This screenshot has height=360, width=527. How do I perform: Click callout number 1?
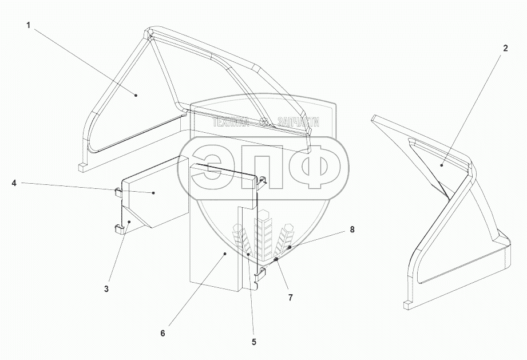coord(27,25)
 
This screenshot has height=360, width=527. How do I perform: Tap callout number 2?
coord(505,49)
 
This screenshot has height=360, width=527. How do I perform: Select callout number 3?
coord(106,288)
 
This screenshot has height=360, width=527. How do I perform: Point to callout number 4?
coord(14,183)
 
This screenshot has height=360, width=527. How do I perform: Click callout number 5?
coord(254,342)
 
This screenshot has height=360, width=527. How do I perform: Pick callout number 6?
coord(163,333)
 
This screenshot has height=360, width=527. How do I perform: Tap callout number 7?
coord(290,298)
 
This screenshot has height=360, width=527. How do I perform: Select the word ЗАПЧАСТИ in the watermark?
coord(298,122)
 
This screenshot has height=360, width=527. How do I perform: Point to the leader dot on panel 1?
coord(136,95)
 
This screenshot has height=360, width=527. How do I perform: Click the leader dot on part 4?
coord(154,193)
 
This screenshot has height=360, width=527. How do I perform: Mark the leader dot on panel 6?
coord(225,252)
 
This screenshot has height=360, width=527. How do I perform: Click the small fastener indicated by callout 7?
coord(276,260)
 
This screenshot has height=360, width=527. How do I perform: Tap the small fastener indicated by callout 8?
coord(290,247)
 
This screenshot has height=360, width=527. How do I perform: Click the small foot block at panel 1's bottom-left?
coord(83,167)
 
